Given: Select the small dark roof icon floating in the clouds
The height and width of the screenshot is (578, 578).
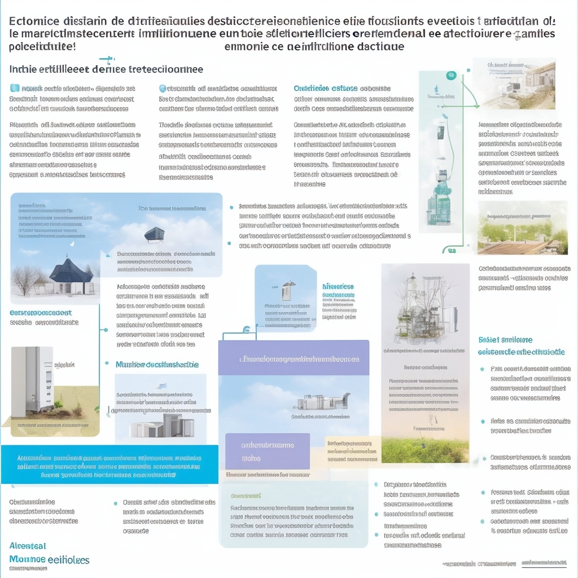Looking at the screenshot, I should [154, 234].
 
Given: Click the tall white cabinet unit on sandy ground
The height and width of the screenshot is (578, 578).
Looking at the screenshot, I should [32, 378].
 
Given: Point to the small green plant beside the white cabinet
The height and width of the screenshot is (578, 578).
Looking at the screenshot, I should [58, 404].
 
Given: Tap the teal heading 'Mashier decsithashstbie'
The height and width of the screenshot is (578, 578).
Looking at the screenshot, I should [157, 365].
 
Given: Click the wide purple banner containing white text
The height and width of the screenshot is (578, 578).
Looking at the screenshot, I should [294, 358].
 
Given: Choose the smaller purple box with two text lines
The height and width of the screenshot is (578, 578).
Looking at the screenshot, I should [268, 451].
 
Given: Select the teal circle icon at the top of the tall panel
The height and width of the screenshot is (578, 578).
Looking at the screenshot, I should [450, 75].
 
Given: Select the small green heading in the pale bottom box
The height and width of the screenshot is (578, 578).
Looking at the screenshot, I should [246, 496].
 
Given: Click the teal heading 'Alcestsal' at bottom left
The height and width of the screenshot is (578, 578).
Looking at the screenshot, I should [28, 546].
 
